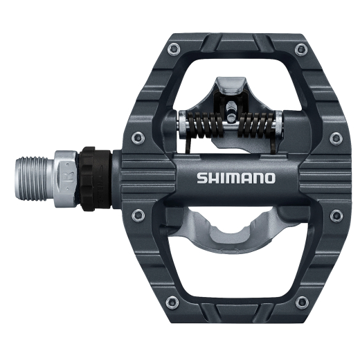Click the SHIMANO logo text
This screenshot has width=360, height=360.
point(236,178)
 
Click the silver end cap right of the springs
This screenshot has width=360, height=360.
point(278,126)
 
